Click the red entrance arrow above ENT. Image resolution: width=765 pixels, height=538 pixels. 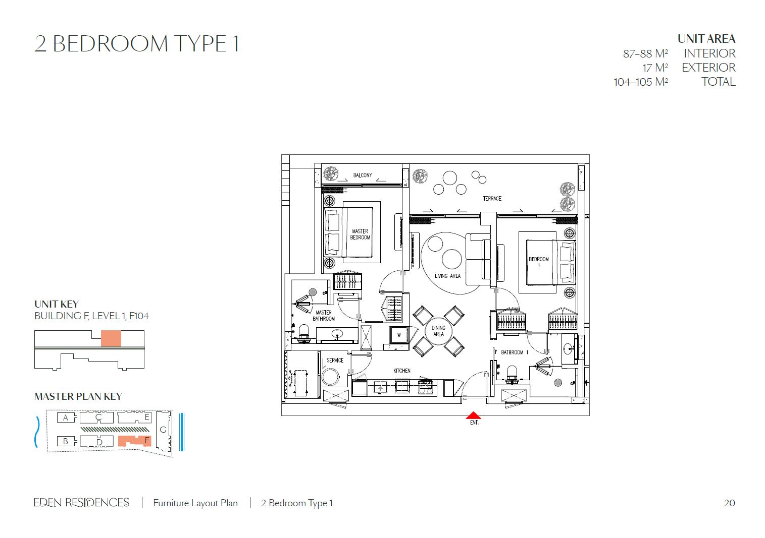point(473,415)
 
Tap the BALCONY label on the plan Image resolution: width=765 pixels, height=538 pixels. point(363,175)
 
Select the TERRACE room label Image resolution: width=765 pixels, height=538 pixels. point(492,199)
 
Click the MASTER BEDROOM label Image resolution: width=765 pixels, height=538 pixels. point(360,234)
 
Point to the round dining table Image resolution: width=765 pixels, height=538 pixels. point(438,331)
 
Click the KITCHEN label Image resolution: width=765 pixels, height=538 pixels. point(401,371)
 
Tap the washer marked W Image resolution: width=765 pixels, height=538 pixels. point(398,335)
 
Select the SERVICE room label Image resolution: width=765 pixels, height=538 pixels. point(335,361)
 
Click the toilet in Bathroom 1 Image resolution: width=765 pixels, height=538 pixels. point(512,373)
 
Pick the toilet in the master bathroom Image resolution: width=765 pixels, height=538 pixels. point(303,332)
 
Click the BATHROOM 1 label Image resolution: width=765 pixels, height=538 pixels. point(515,352)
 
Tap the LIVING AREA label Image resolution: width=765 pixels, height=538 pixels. point(447,276)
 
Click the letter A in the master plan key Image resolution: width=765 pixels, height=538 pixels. point(66,417)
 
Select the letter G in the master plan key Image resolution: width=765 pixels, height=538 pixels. point(163,430)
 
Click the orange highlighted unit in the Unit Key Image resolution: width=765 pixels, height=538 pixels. point(111,338)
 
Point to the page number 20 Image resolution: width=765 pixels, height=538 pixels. point(729,503)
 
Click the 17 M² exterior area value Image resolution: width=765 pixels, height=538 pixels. point(655,68)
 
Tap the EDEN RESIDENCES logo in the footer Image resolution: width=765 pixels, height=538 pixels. point(82,503)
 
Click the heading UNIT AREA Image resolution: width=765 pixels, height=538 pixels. point(706,39)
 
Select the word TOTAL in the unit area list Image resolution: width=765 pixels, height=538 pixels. point(718,82)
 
